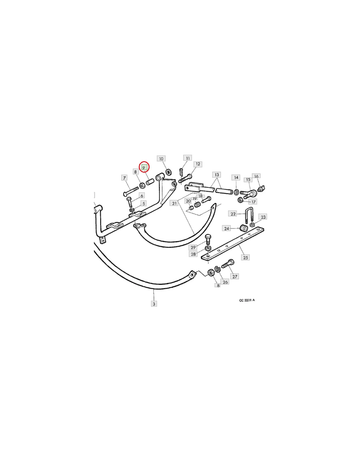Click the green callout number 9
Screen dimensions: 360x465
pos(144,167)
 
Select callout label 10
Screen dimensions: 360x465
pos(161,159)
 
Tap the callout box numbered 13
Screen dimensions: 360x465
pos(217,175)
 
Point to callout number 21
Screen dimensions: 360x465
pos(174,203)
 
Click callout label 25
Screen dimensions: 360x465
pos(245,257)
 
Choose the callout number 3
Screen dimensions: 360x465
pos(154,304)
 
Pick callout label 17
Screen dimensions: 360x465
pos(253,201)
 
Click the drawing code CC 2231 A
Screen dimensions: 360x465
pos(247,300)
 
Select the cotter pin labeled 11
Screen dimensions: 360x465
pos(181,171)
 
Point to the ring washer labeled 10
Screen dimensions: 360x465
pos(169,172)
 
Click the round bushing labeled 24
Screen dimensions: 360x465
pos(243,228)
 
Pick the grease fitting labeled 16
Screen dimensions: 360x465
pos(261,189)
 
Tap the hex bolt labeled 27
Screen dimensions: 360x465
pos(228,264)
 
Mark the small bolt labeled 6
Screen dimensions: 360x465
pos(129,202)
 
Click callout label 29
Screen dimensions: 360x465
pos(193,247)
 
